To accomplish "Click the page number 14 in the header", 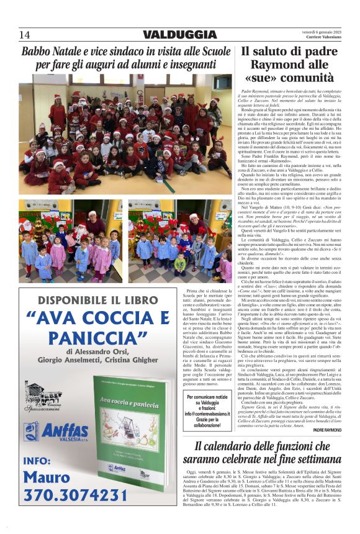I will (25, 34).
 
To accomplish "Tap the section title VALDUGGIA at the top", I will (179, 34).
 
